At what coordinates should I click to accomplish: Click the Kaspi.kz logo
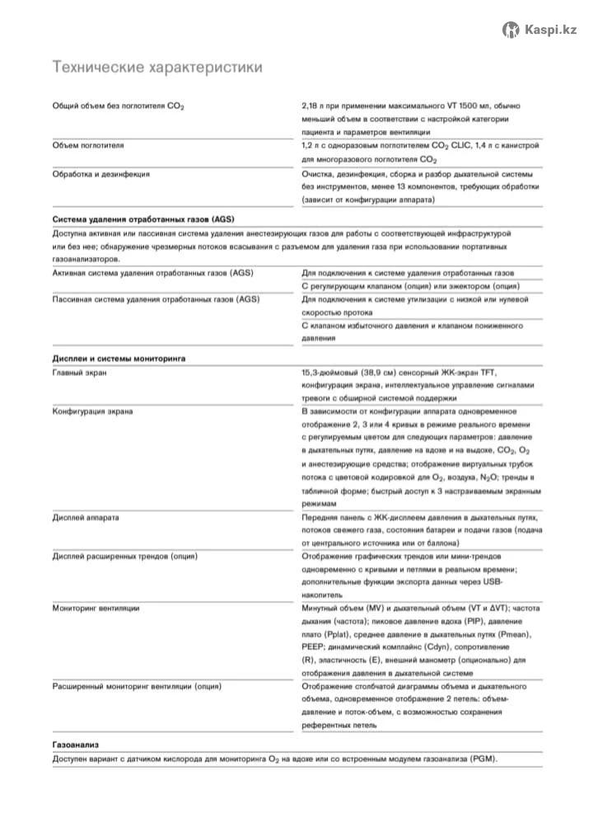pyautogui.click(x=539, y=30)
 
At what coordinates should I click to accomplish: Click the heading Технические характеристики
pyautogui.click(x=157, y=66)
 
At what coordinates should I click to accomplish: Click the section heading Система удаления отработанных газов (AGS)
pyautogui.click(x=143, y=220)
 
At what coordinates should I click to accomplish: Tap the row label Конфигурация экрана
pyautogui.click(x=93, y=411)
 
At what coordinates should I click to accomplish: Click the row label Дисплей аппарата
pyautogui.click(x=86, y=517)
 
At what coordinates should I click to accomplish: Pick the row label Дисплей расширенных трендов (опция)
pyautogui.click(x=124, y=557)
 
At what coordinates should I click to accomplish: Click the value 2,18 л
pyautogui.click(x=314, y=106)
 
